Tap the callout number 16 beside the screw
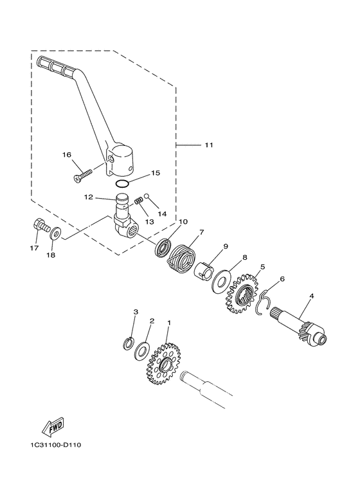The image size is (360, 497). pos(67,155)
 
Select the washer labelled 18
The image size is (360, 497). pos(56,233)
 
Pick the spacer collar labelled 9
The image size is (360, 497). pos(206,268)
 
